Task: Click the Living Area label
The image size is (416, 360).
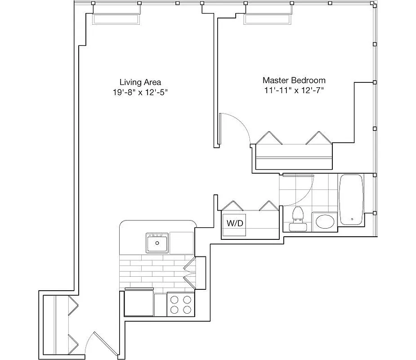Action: pyautogui.click(x=140, y=82)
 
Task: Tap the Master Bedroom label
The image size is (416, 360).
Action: pyautogui.click(x=294, y=80)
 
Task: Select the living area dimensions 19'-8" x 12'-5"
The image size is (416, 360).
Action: pyautogui.click(x=140, y=92)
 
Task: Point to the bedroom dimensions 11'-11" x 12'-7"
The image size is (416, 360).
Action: pyautogui.click(x=294, y=90)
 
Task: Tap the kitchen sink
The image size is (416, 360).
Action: pyautogui.click(x=157, y=243)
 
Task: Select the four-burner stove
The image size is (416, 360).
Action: pyautogui.click(x=180, y=304)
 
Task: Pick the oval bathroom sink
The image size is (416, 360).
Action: pyautogui.click(x=324, y=221)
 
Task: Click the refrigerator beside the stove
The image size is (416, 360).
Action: pyautogui.click(x=139, y=304)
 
